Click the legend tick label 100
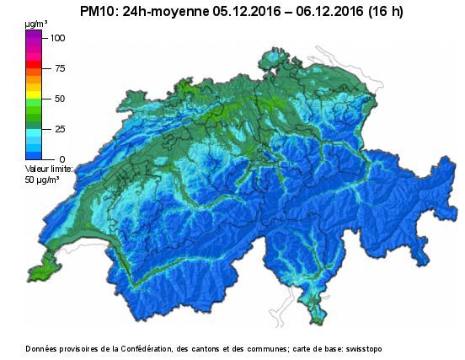click(57, 38)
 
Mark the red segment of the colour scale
click(34, 65)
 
